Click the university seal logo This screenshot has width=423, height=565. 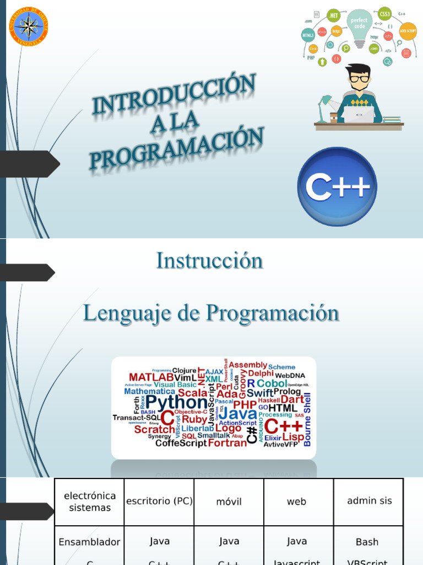pyautogui.click(x=29, y=26)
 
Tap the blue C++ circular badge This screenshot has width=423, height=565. pyautogui.click(x=337, y=186)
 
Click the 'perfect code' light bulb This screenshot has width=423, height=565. pyautogui.click(x=359, y=25)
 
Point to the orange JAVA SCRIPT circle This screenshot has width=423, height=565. pyautogui.click(x=407, y=31)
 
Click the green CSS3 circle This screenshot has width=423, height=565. pyautogui.click(x=385, y=13)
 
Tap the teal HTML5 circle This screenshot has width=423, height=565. pyautogui.click(x=308, y=35)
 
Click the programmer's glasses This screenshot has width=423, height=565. pyautogui.click(x=359, y=79)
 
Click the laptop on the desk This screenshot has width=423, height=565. pyautogui.click(x=359, y=114)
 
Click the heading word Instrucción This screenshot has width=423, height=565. pyautogui.click(x=209, y=260)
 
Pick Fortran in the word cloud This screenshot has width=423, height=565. pyautogui.click(x=227, y=443)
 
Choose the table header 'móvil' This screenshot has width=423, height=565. pyautogui.click(x=229, y=502)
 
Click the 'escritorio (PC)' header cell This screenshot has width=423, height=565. pyautogui.click(x=159, y=502)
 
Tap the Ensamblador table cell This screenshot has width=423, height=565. pyautogui.click(x=89, y=542)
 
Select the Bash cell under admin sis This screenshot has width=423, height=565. pyautogui.click(x=367, y=542)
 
